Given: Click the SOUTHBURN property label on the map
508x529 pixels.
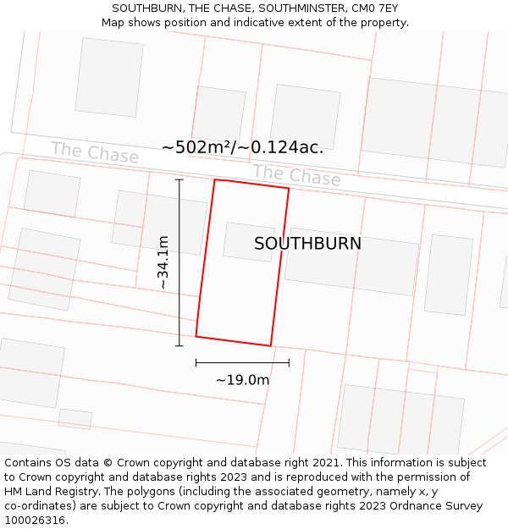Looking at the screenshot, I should (x=307, y=244).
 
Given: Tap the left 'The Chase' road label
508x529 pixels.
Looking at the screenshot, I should (x=94, y=153).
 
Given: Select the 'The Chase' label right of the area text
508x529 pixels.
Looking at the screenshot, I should (x=296, y=175).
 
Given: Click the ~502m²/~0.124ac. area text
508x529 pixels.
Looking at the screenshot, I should (x=242, y=147).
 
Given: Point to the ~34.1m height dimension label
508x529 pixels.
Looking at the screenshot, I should (x=163, y=262).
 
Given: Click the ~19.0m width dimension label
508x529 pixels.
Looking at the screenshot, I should (x=242, y=380).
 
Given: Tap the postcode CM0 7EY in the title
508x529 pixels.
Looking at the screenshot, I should (x=374, y=8).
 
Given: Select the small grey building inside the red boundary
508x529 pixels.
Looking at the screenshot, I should (x=248, y=241).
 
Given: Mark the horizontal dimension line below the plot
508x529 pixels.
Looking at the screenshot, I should (x=242, y=362).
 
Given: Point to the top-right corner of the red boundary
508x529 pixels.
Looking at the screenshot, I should (x=289, y=189).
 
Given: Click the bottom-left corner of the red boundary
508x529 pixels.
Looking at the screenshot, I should (x=196, y=336).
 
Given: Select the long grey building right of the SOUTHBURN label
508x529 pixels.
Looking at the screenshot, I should (x=351, y=261).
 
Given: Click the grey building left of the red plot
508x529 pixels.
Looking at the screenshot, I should (x=160, y=222).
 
